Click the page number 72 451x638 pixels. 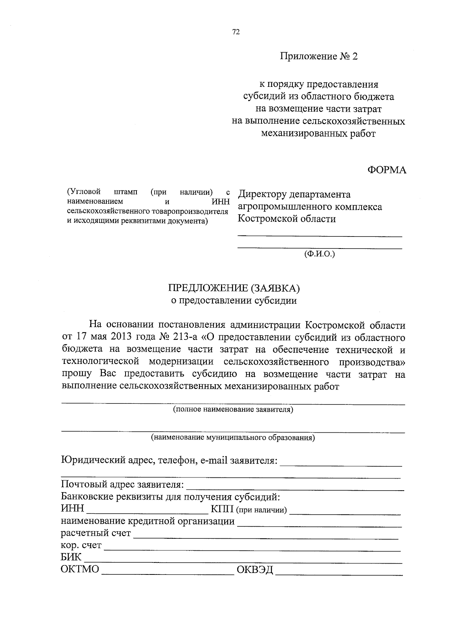(236, 32)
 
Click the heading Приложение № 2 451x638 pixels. (319, 57)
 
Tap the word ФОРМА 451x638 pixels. (387, 170)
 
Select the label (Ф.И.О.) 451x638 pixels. (319, 254)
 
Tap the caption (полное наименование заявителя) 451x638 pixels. (233, 409)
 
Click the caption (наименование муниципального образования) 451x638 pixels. (233, 438)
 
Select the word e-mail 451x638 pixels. (214, 460)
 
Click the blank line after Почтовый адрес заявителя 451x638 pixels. (295, 489)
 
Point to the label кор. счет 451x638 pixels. (81, 545)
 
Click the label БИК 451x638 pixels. (71, 557)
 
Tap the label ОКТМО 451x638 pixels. (80, 569)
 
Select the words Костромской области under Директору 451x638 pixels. (287, 219)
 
